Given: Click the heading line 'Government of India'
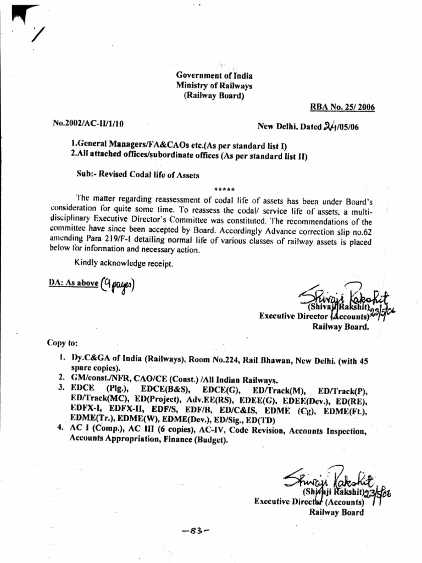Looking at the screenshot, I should (x=214, y=75).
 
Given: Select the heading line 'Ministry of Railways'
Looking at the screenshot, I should (x=214, y=85).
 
